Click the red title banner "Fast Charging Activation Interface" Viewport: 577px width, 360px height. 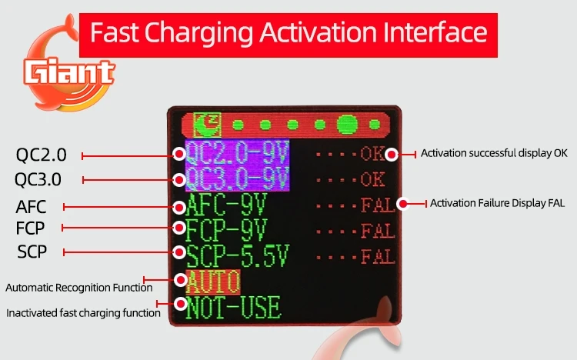[288, 35]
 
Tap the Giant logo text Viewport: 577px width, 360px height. [68, 71]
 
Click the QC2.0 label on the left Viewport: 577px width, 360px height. [42, 155]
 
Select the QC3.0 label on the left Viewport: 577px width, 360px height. [38, 180]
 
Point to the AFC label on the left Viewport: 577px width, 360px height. [31, 207]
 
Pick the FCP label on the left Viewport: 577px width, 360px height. [30, 228]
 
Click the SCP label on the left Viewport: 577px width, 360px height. [32, 252]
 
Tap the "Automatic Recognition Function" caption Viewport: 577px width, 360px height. [79, 288]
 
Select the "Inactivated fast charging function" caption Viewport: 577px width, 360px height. [84, 313]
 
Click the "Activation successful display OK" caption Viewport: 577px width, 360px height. [494, 153]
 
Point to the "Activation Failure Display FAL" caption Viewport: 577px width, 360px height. [497, 203]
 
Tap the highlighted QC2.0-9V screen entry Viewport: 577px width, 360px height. [237, 152]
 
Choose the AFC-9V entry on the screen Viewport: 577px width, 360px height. [226, 205]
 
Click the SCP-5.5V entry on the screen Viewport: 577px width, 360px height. [238, 255]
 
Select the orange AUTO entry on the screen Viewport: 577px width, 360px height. [213, 282]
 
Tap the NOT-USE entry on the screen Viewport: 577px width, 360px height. [233, 308]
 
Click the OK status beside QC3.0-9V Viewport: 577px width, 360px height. [372, 180]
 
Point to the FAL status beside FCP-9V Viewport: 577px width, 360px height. [378, 232]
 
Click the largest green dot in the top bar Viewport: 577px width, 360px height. [347, 125]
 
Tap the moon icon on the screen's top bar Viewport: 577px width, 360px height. [207, 125]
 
